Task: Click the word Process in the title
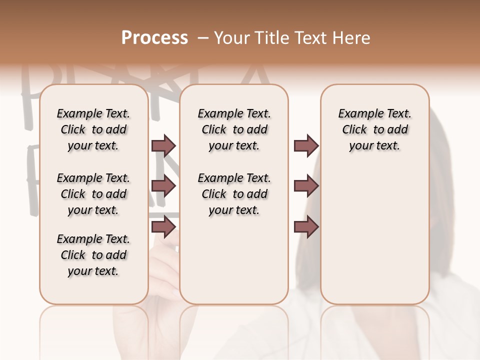click(x=154, y=38)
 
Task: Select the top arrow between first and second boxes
click(x=163, y=145)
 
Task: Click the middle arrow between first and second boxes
click(x=163, y=186)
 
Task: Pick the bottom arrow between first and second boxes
click(x=163, y=226)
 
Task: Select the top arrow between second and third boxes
click(x=306, y=145)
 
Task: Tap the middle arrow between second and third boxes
click(x=306, y=186)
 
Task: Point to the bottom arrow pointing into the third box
click(x=306, y=226)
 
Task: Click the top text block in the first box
click(x=93, y=129)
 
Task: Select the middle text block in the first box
click(x=93, y=194)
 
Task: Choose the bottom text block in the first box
click(x=93, y=255)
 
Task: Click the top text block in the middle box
click(x=234, y=129)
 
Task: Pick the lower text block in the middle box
click(x=234, y=194)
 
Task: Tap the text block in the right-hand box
click(x=374, y=129)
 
